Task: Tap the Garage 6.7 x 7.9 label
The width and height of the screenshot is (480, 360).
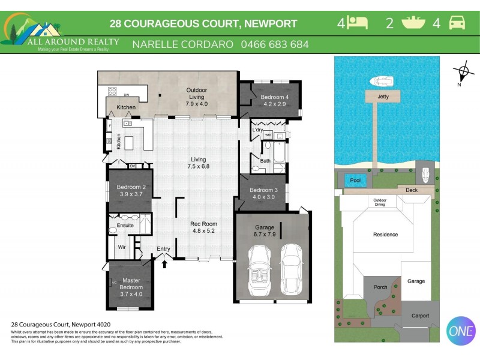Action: click(x=265, y=231)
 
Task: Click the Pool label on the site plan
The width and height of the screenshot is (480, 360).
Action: click(x=355, y=179)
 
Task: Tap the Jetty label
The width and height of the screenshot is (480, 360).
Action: click(x=383, y=96)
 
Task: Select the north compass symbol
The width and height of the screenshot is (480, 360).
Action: click(x=463, y=73)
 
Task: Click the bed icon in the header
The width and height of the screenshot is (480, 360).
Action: click(x=358, y=23)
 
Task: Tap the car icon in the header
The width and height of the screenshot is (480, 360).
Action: click(x=457, y=23)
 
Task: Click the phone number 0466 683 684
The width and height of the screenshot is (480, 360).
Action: click(x=275, y=44)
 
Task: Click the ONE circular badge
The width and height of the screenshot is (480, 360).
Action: click(x=461, y=331)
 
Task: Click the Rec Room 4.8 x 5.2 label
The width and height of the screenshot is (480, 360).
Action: click(x=204, y=227)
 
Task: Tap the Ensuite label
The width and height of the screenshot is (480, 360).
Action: click(x=125, y=226)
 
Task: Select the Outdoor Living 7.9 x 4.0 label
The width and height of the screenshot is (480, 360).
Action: click(x=196, y=97)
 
